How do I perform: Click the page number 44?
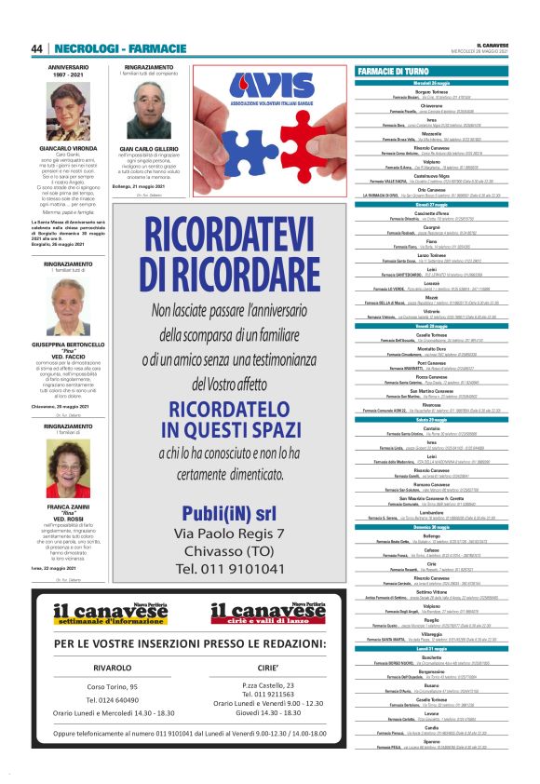[x=37, y=48]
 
